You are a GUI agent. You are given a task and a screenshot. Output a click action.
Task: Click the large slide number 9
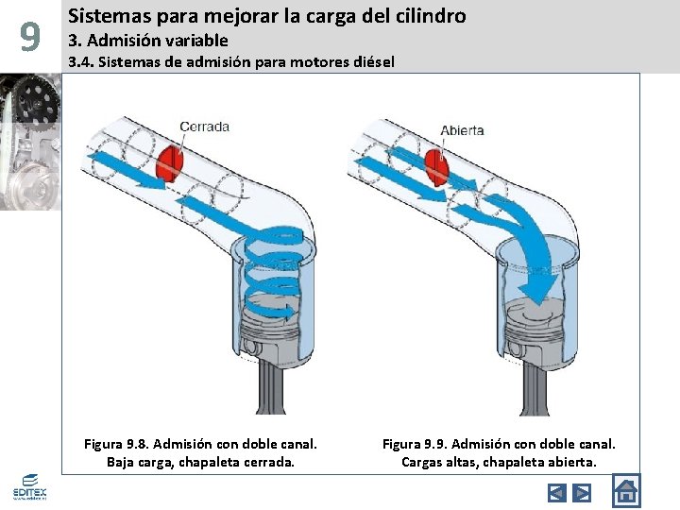(30, 38)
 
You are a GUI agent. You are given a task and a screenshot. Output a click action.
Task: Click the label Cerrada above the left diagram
(203, 126)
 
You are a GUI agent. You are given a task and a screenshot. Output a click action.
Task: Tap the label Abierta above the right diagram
(462, 129)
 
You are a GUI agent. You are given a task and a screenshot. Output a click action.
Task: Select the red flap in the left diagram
(173, 160)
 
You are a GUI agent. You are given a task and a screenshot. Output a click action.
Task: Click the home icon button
(625, 491)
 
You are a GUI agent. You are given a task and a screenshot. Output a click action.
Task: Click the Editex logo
(29, 486)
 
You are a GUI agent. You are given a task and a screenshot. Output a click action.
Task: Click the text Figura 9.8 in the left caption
(115, 443)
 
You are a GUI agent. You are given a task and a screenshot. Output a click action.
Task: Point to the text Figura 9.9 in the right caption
(414, 443)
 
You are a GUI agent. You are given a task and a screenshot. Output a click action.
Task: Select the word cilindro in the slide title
(429, 15)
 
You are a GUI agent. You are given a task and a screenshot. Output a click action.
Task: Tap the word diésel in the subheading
(373, 62)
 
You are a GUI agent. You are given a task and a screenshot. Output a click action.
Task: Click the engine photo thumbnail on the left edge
(29, 142)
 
